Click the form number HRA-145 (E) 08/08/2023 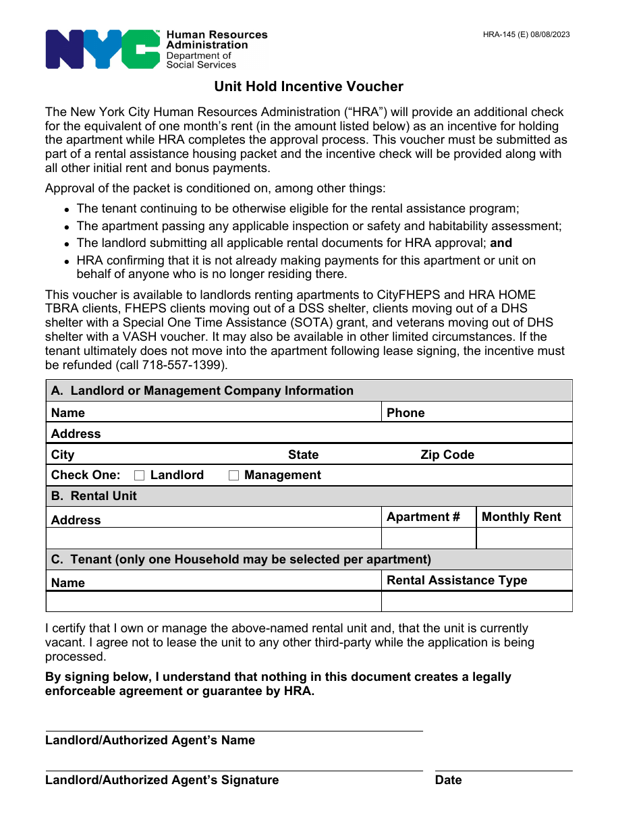coord(526,34)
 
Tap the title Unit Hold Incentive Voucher coord(308,86)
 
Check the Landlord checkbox coord(140,476)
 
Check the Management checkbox coord(233,476)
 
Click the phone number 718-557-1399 coord(183,365)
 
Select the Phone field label coord(406,413)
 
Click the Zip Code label coord(447,455)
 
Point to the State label coord(303,455)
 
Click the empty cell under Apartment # coord(428,538)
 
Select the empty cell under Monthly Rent coord(524,538)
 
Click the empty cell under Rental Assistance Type coord(476,601)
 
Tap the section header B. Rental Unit coord(94,496)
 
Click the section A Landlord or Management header coord(202,391)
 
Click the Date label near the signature coord(449,780)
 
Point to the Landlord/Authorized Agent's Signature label coord(162,780)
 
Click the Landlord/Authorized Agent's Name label coord(150,740)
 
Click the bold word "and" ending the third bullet coord(501,243)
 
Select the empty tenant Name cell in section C coord(213,601)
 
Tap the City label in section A coord(63,455)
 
